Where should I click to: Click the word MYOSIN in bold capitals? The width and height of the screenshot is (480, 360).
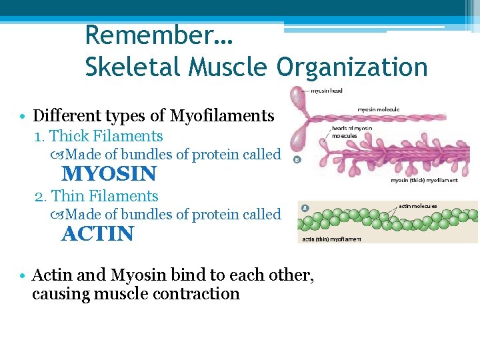click(x=109, y=174)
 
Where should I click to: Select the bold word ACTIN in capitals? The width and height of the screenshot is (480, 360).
click(x=97, y=234)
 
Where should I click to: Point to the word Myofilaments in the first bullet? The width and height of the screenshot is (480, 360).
click(x=222, y=116)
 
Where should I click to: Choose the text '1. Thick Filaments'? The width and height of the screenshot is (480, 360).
click(x=99, y=136)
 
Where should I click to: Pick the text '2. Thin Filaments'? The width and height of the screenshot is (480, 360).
click(x=96, y=196)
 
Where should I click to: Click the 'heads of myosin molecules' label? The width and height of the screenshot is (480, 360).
click(x=354, y=132)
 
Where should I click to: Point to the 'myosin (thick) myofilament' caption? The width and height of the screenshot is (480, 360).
click(x=424, y=180)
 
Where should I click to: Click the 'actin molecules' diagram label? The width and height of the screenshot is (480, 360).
click(x=418, y=207)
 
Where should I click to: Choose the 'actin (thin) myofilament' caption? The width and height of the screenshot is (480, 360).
click(x=331, y=239)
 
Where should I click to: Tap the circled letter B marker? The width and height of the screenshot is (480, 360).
click(x=297, y=159)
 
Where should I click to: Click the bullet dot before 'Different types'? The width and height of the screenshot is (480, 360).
click(x=23, y=117)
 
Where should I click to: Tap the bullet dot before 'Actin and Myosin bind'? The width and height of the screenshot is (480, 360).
click(x=23, y=275)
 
